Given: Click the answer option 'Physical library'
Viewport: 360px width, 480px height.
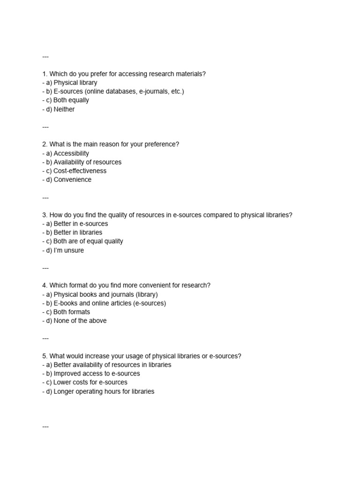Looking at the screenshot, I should [x=75, y=82].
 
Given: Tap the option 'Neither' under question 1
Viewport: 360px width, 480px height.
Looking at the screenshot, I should [x=64, y=109].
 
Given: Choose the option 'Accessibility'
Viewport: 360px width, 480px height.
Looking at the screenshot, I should [x=71, y=153].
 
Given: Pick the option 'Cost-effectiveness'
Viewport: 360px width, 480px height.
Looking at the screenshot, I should [x=80, y=171].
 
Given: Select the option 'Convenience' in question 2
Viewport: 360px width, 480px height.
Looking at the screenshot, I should [x=72, y=180].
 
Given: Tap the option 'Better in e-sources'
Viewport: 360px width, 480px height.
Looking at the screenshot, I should [x=81, y=224].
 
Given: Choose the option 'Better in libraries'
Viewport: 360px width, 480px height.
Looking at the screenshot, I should [x=78, y=232].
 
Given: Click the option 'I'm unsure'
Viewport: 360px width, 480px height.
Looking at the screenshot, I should [x=68, y=250].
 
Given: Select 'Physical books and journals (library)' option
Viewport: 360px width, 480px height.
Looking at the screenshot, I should [x=105, y=294].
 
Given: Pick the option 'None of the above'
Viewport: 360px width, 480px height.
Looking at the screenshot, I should [x=80, y=321].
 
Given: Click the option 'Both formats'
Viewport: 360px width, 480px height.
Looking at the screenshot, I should [x=72, y=312].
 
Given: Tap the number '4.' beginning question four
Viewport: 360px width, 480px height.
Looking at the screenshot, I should [x=45, y=285].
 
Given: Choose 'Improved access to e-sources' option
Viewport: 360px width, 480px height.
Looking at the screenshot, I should [x=97, y=374].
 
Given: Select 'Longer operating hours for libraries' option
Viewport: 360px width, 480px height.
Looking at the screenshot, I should [x=104, y=391].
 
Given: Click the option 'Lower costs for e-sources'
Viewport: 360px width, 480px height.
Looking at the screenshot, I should [x=90, y=382].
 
